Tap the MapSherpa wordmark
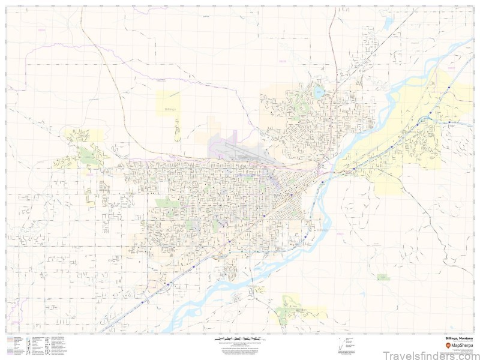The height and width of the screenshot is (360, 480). pyautogui.click(x=461, y=344)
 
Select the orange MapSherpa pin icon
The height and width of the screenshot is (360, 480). pyautogui.click(x=448, y=344)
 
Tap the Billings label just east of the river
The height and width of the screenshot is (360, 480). pyautogui.click(x=323, y=230)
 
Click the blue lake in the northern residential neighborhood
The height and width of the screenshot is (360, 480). pyautogui.click(x=319, y=92)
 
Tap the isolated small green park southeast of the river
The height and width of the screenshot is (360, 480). pyautogui.click(x=382, y=277)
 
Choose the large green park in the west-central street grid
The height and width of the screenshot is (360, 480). pyautogui.click(x=163, y=203)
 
